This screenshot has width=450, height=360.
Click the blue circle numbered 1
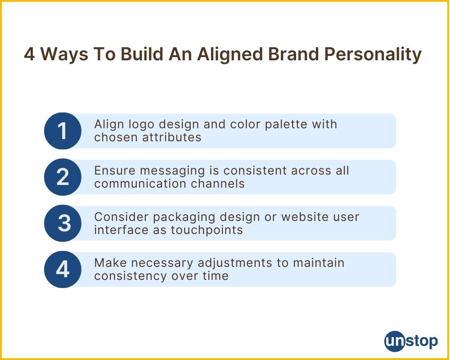63,131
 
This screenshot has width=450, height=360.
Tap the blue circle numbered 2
63,177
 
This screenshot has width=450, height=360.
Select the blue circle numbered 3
63,223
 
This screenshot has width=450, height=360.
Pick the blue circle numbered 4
63,269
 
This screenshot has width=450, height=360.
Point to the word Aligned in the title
230,54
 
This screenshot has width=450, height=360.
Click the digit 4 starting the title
29,54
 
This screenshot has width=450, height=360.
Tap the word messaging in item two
172,171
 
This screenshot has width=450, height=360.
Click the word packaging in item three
184,217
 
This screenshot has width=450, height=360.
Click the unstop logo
411,342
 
